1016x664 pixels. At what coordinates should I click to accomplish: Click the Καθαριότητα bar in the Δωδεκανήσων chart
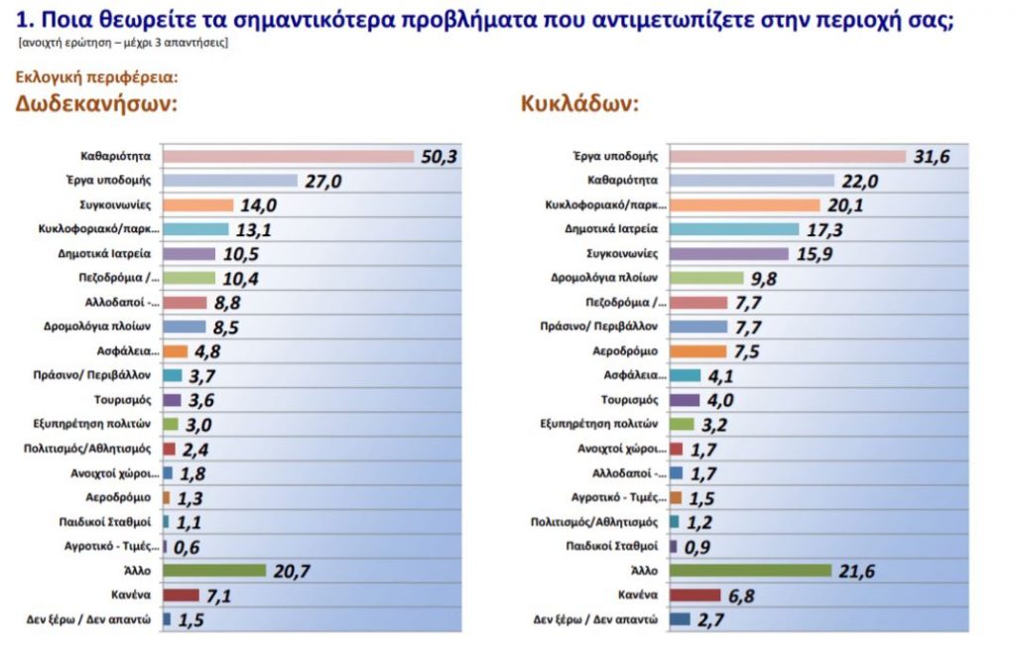click(288, 156)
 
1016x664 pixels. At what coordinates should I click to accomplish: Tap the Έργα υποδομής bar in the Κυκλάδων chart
click(788, 156)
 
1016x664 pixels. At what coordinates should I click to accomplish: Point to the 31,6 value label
click(930, 157)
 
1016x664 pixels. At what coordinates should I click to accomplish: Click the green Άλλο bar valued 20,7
click(214, 570)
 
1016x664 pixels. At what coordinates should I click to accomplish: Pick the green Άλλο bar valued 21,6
click(750, 570)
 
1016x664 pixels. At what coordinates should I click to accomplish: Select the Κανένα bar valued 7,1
click(181, 595)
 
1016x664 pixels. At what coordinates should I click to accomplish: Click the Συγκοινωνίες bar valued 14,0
click(197, 205)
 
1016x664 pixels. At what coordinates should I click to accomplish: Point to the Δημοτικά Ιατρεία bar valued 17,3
click(734, 229)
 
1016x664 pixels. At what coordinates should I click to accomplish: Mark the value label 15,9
click(814, 254)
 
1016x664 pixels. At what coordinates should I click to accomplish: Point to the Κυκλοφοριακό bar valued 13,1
click(194, 229)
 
